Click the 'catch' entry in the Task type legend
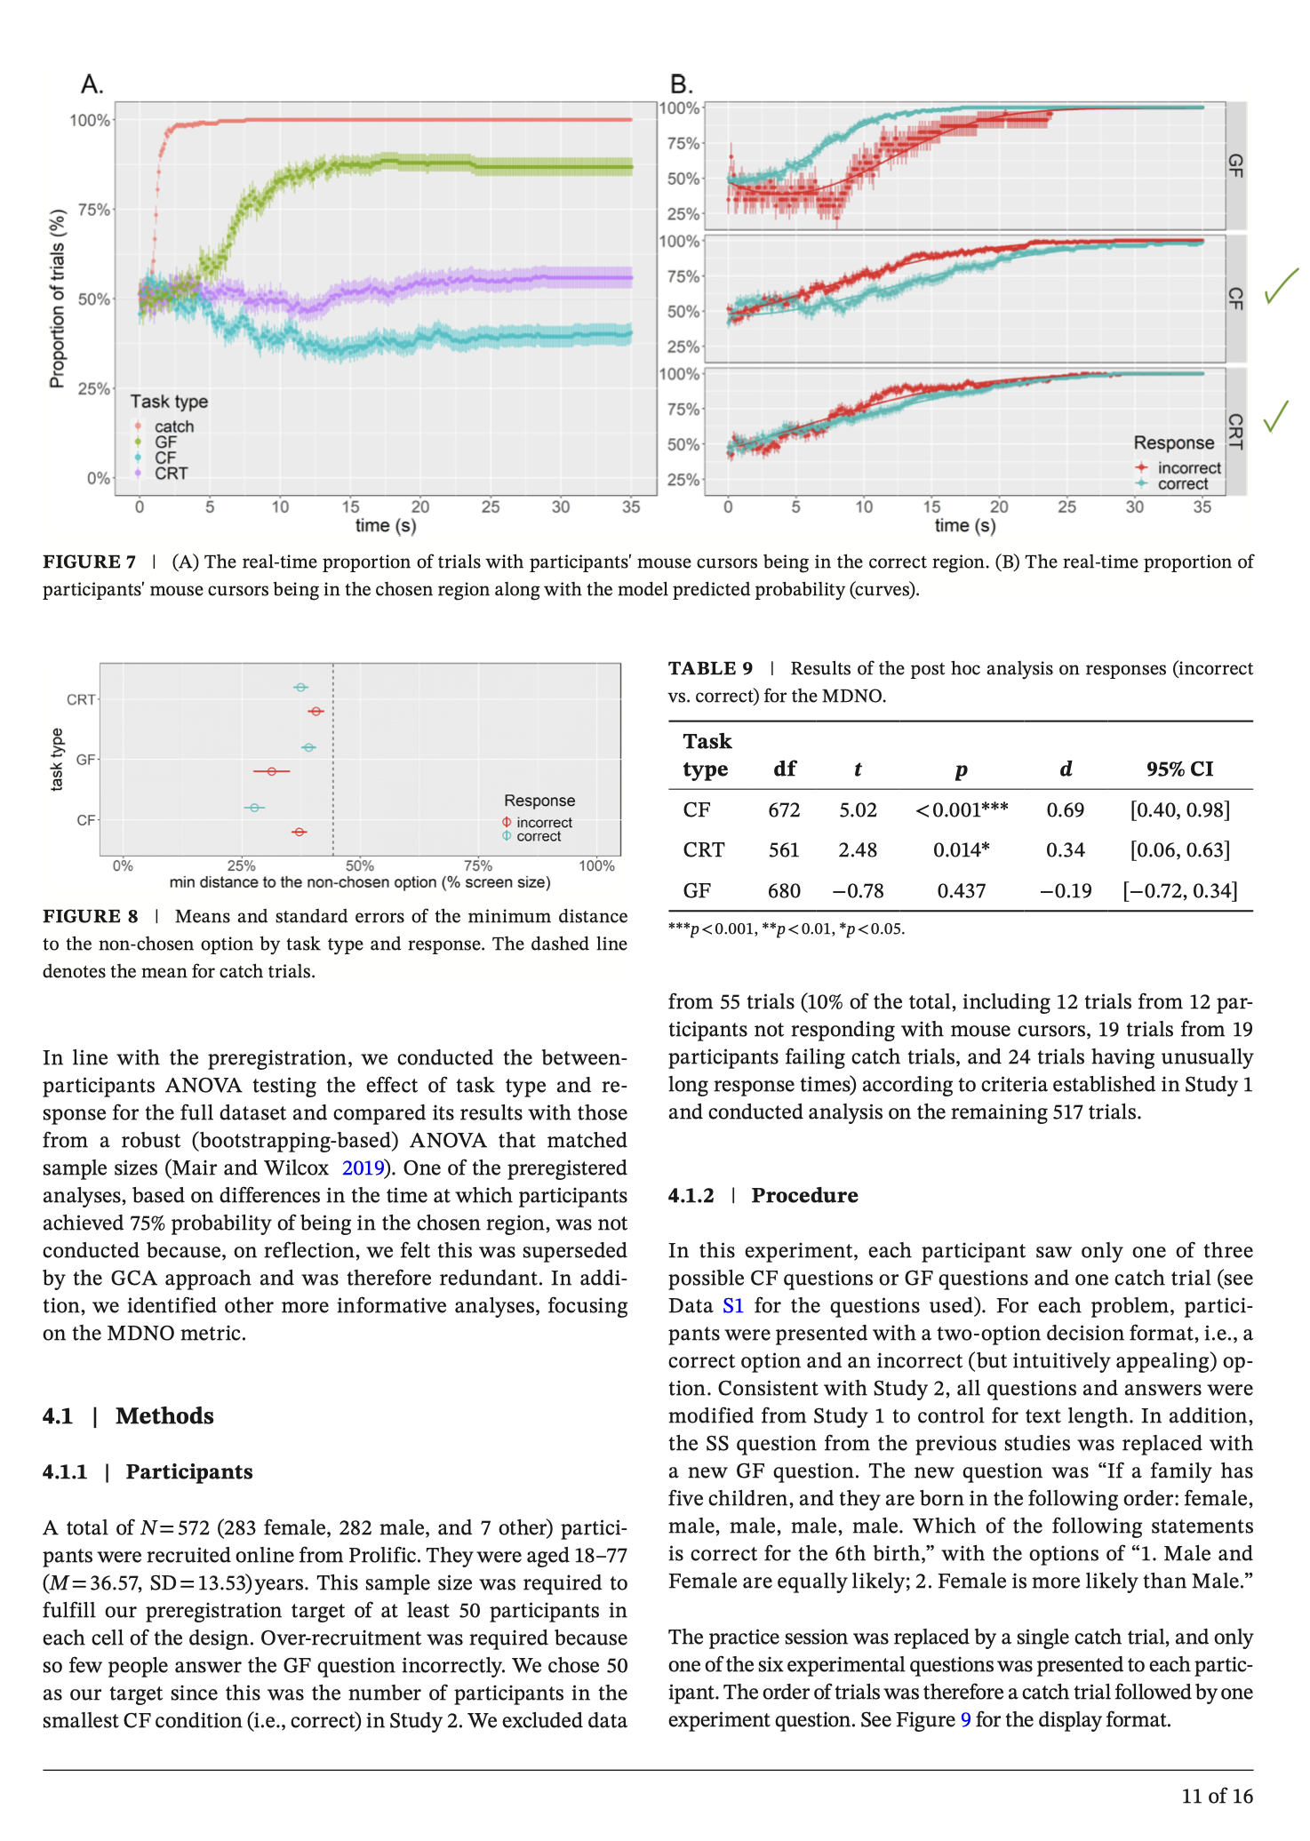click(173, 426)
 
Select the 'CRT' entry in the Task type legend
click(171, 474)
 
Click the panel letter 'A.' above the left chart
click(92, 84)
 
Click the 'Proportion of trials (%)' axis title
click(58, 299)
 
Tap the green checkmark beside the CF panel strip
click(1281, 286)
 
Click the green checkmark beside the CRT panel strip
click(1276, 415)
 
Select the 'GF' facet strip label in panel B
click(1235, 165)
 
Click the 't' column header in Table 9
click(858, 769)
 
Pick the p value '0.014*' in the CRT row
click(961, 850)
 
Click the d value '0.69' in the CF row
click(1066, 810)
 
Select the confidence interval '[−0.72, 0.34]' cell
click(1179, 891)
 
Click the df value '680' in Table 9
click(784, 891)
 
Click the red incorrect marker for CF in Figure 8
click(300, 832)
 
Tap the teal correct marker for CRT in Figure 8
click(301, 688)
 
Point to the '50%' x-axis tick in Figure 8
click(359, 866)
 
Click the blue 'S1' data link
click(732, 1306)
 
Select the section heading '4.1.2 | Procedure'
click(763, 1196)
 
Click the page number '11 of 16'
click(1217, 1797)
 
